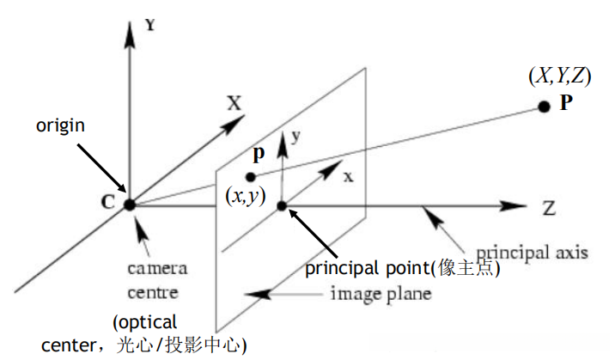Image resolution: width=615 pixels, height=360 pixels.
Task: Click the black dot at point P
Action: click(x=543, y=107)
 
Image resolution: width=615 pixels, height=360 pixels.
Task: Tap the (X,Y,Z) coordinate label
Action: click(x=559, y=76)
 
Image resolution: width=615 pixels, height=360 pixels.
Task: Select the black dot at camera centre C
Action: click(x=129, y=204)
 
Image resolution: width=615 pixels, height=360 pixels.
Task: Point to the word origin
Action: click(x=59, y=125)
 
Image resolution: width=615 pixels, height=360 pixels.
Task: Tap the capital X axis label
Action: click(x=234, y=103)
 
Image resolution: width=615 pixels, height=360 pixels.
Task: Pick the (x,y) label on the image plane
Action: click(x=244, y=197)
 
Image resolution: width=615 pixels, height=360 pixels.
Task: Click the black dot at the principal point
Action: click(x=281, y=205)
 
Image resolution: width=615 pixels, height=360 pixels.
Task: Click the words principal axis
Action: click(x=532, y=253)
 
